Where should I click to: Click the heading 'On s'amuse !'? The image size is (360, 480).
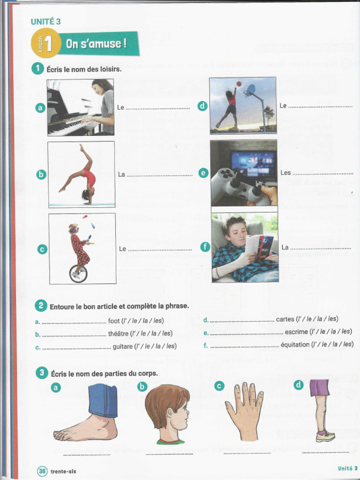pos(96,45)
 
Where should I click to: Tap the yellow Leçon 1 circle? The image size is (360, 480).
pos(46,43)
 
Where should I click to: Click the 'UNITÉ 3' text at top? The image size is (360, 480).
pos(45,21)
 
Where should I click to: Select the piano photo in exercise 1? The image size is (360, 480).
pos(80,107)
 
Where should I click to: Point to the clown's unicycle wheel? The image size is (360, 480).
pos(78,273)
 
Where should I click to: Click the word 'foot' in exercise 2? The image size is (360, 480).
pos(114,321)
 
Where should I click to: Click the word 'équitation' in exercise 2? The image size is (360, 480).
pos(295,345)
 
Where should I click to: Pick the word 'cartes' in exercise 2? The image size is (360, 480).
pos(285,319)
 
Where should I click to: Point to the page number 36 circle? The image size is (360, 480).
pos(42,471)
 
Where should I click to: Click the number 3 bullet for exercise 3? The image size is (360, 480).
pos(42,373)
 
